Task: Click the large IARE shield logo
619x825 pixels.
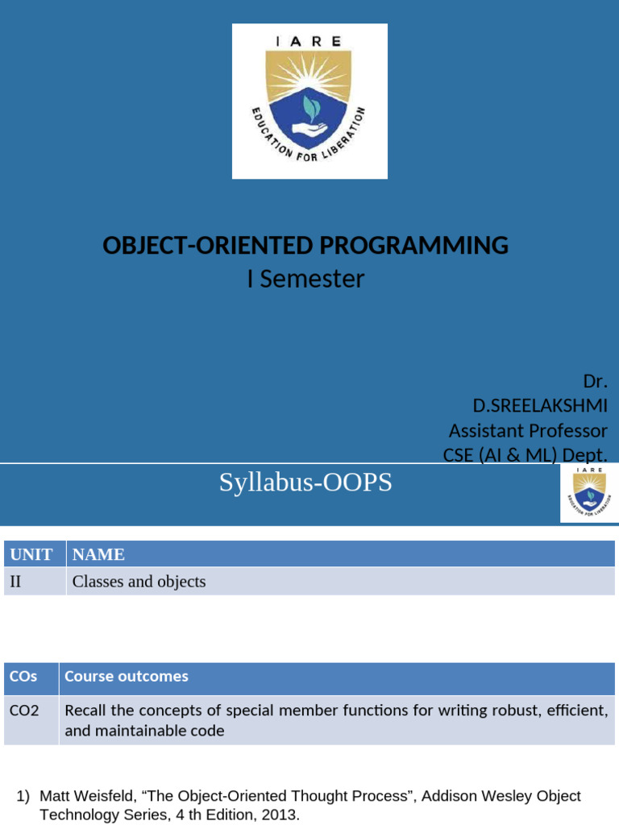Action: [309, 101]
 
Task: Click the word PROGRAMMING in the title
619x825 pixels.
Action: [413, 245]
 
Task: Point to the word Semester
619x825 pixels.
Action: [312, 279]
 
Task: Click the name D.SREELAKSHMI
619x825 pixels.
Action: [540, 406]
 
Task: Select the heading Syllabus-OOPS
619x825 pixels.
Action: [305, 482]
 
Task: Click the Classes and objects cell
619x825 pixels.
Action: [139, 582]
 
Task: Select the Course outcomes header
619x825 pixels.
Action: [127, 676]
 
